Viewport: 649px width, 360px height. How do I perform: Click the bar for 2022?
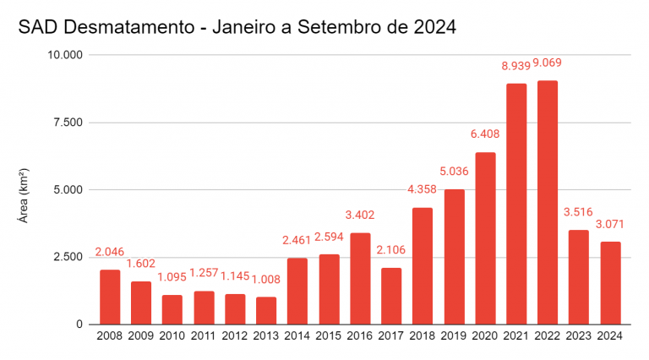(548, 203)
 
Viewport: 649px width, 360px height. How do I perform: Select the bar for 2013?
(266, 310)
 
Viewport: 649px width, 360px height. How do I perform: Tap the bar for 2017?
(391, 296)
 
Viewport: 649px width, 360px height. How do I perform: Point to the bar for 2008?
(110, 297)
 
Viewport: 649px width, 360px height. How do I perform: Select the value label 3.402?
(360, 215)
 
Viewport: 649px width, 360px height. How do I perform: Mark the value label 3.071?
(610, 224)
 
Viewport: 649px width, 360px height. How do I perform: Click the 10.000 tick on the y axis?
(65, 55)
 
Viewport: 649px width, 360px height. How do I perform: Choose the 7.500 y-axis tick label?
(68, 123)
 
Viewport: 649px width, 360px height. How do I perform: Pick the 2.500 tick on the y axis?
(68, 257)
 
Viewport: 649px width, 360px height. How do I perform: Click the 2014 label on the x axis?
(297, 335)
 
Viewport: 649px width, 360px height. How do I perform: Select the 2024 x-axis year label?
(610, 335)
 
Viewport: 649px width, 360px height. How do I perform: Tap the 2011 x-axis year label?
(204, 335)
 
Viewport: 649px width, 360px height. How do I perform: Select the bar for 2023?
(579, 277)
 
